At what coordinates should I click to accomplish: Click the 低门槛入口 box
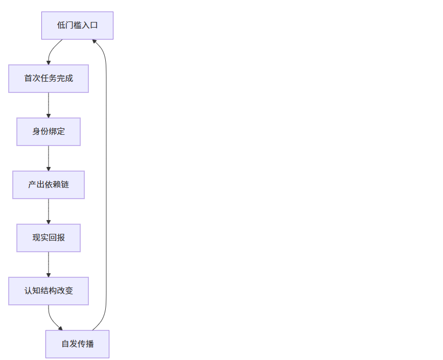tap(77, 26)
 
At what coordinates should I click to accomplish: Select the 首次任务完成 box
tap(49, 79)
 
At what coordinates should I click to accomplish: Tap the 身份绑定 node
tap(49, 132)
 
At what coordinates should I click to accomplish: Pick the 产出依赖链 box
tap(49, 185)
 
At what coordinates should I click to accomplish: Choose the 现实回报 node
tap(49, 238)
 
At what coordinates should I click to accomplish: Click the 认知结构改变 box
tap(49, 291)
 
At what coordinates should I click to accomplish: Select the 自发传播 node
tap(77, 344)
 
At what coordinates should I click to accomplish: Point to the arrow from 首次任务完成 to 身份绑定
tap(49, 105)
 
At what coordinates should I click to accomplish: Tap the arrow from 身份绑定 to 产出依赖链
tap(49, 158)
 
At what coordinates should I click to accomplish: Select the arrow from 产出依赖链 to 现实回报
tap(49, 211)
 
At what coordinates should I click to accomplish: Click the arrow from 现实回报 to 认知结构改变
tap(49, 264)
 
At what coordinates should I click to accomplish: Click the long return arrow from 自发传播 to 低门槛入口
tap(106, 184)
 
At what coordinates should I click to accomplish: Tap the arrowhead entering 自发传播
tap(61, 328)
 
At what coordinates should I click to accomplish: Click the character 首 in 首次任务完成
tap(28, 79)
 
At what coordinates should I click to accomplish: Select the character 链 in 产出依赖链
tap(65, 185)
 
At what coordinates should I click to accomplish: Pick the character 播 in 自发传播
tap(90, 344)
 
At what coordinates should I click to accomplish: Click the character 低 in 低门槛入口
tap(61, 26)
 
